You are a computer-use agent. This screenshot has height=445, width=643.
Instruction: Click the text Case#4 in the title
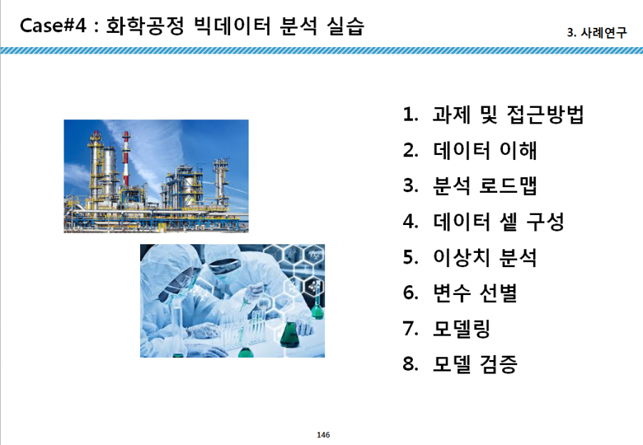click(x=54, y=26)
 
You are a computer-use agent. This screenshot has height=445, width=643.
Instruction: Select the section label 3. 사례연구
click(x=597, y=32)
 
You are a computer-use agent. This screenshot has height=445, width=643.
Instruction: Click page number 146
click(x=323, y=435)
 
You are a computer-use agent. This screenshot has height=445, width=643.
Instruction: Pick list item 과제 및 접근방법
click(x=508, y=114)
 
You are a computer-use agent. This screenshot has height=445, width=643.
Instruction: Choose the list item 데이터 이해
click(x=484, y=150)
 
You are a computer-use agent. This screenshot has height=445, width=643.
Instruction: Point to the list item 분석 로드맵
click(x=484, y=186)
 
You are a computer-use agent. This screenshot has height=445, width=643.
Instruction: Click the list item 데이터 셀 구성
click(x=499, y=221)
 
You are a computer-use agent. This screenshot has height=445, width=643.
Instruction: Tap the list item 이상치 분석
click(x=484, y=258)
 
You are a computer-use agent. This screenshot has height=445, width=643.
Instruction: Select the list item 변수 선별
click(x=475, y=294)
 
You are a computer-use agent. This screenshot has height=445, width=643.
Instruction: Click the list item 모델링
click(x=462, y=329)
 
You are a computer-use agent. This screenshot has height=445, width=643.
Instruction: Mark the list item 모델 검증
click(x=475, y=364)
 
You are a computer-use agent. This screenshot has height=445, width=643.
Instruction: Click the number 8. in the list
click(x=411, y=364)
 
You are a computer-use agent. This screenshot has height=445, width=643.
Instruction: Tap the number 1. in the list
click(x=411, y=114)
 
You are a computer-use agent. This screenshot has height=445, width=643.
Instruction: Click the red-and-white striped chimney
click(x=126, y=159)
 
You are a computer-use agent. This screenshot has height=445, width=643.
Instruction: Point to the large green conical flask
click(x=290, y=334)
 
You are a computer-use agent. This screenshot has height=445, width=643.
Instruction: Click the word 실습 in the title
click(x=346, y=26)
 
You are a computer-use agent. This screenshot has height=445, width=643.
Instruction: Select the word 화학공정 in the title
click(x=145, y=26)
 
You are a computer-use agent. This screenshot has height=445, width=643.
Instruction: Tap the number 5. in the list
click(x=411, y=258)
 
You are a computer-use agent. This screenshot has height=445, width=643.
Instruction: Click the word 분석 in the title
click(x=298, y=26)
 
